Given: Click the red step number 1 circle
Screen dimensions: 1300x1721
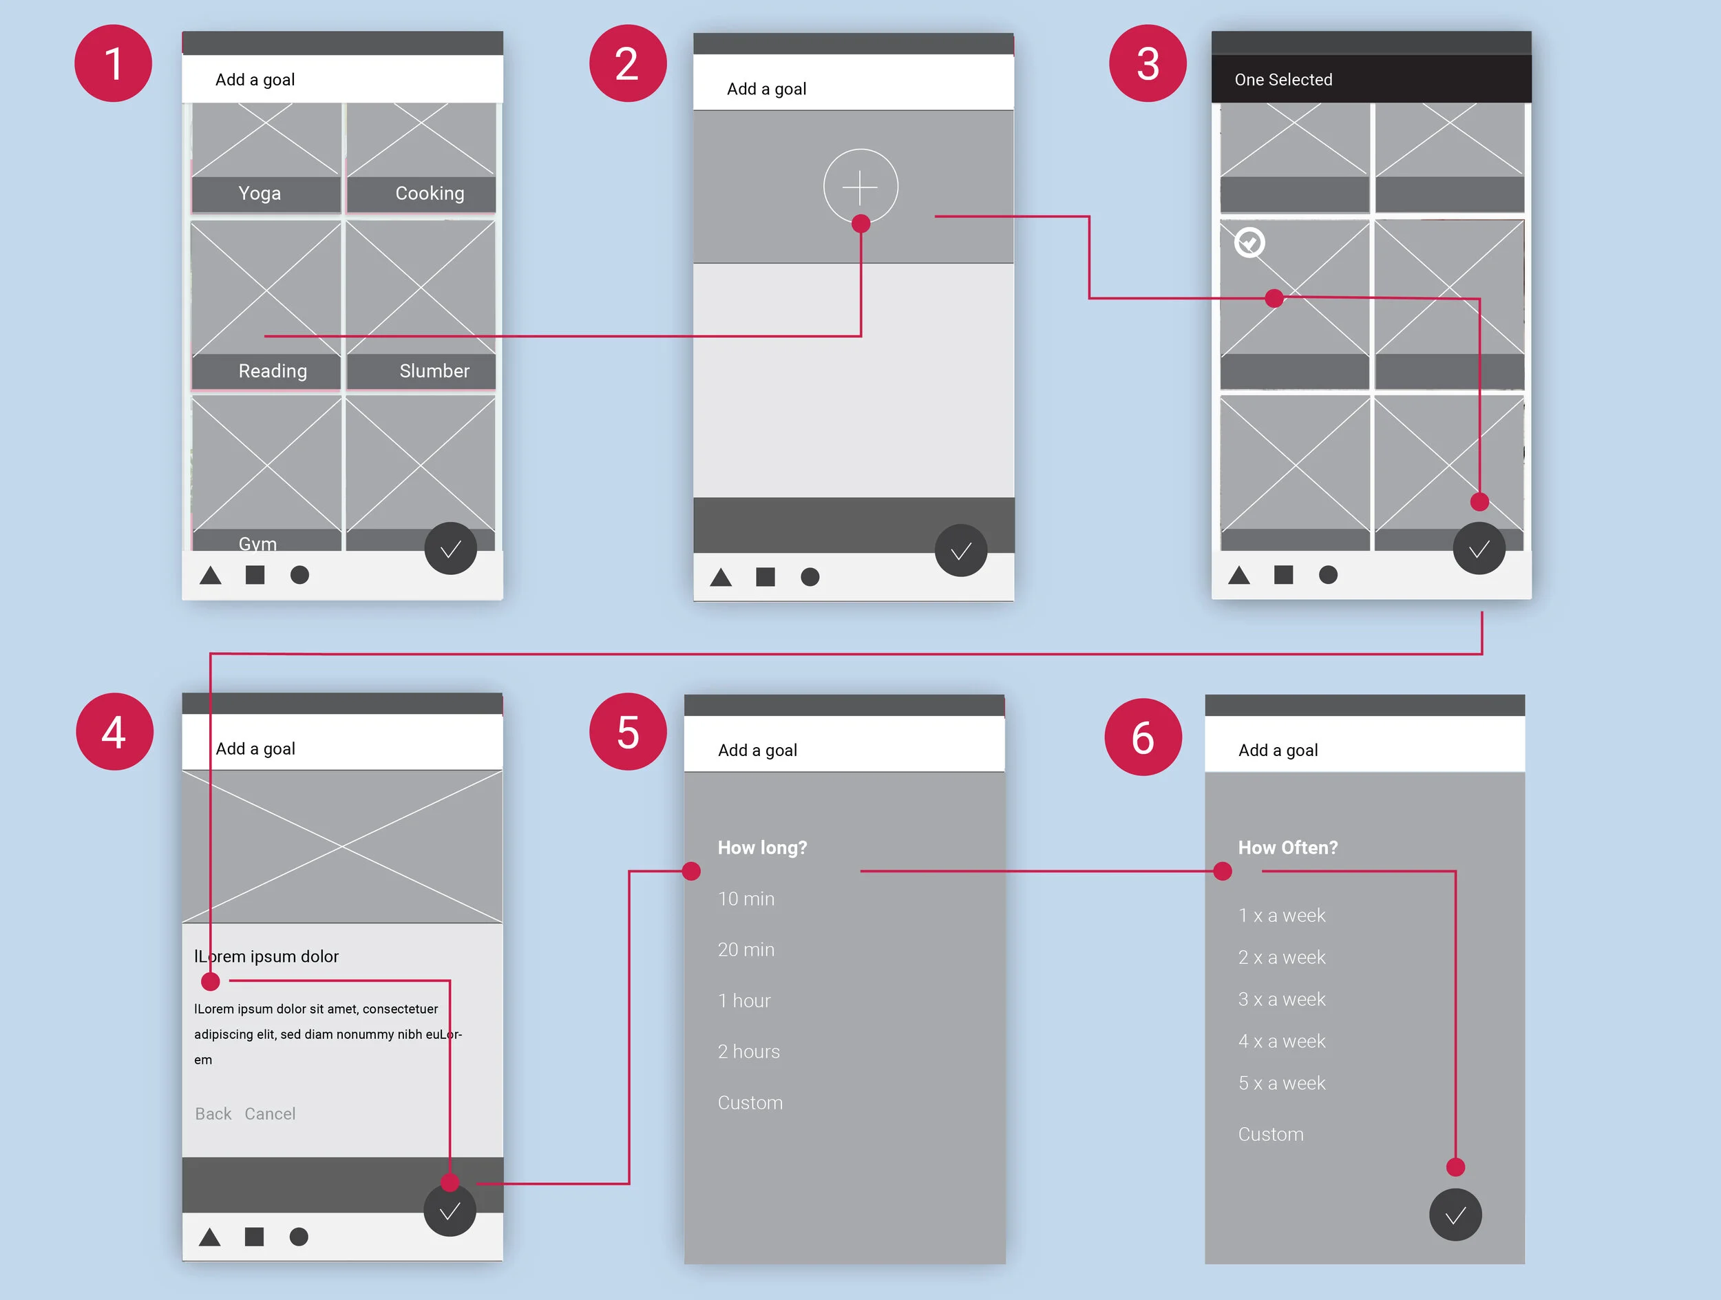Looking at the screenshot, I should [x=113, y=63].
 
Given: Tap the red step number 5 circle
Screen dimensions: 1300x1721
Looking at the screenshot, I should [x=628, y=732].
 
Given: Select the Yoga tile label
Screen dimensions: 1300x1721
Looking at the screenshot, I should [x=260, y=193].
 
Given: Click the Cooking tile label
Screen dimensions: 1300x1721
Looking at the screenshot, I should [x=430, y=193].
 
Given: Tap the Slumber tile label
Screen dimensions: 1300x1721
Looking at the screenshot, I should [x=434, y=371].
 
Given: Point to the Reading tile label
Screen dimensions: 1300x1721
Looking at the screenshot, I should [x=273, y=371].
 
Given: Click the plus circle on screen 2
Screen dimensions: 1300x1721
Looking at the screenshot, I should [x=860, y=187].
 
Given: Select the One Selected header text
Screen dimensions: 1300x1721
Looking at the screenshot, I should [x=1283, y=79].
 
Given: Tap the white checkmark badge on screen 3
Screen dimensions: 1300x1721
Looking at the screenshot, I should [x=1249, y=243].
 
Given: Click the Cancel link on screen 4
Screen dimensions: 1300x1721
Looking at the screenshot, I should [x=270, y=1113].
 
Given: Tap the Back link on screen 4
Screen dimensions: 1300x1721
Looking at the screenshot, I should [x=213, y=1113].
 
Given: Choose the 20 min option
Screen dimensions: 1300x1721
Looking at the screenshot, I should [x=746, y=949].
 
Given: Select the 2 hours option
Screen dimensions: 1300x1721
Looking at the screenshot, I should [x=748, y=1051].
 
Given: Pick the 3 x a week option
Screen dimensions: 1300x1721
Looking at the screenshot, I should [x=1281, y=999].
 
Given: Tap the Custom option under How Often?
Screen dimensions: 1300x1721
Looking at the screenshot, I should [x=1271, y=1133].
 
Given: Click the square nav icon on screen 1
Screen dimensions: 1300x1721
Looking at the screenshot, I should [x=255, y=575].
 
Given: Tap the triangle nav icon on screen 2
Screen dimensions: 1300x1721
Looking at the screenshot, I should [x=721, y=577].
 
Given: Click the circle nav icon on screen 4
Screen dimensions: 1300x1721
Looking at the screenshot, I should [x=299, y=1236].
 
